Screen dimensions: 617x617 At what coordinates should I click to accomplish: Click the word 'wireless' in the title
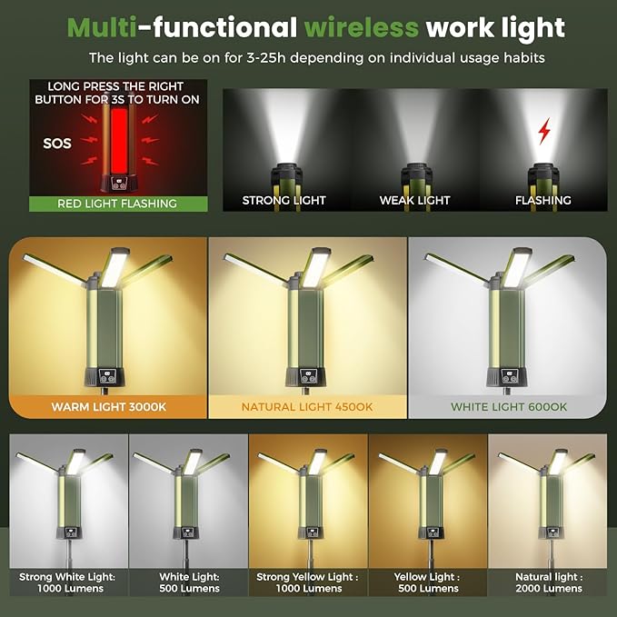point(362,27)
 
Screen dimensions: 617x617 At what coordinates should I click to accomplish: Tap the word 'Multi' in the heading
point(102,27)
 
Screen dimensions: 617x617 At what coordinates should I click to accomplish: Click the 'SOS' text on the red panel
point(57,144)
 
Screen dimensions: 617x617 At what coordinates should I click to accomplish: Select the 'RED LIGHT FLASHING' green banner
point(118,204)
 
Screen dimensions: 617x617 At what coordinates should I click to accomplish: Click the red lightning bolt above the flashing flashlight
point(544,131)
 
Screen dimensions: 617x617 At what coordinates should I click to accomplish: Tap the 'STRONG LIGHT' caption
point(284,200)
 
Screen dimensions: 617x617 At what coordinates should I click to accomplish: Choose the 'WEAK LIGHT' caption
point(414,200)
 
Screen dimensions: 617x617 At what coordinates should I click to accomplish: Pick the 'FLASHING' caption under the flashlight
point(543,200)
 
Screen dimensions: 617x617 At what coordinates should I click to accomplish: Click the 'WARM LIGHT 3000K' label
point(109,407)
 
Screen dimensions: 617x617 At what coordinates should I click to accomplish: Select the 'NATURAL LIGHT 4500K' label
point(307,407)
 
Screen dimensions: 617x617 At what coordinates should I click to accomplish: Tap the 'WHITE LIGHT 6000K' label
point(509,407)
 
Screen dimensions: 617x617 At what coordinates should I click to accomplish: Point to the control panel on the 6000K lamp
point(509,376)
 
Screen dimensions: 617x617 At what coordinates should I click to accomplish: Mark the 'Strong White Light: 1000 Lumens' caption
point(67,582)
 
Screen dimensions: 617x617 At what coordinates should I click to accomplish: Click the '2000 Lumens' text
point(549,589)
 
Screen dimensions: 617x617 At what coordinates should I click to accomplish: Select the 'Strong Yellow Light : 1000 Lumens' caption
point(308,582)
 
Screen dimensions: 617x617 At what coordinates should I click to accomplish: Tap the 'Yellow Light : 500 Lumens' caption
point(428,582)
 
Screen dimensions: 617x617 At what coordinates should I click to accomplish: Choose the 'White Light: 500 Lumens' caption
point(189,582)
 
